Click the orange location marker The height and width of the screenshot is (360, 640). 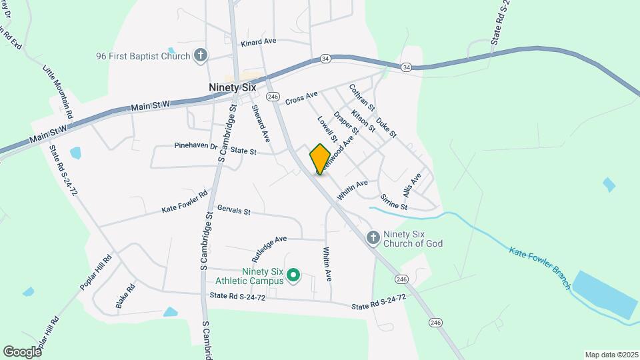pos(320,159)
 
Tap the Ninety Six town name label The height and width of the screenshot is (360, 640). pos(232,87)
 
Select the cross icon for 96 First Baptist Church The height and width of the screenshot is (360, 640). pos(200,55)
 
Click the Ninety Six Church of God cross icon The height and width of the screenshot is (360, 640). pos(374,237)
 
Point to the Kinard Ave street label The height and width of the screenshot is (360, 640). pos(259,41)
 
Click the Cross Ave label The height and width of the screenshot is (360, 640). pos(301,99)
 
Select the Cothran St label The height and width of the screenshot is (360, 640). pos(363,97)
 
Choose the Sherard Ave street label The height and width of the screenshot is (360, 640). pos(261,123)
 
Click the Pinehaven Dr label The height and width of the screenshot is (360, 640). pos(196,145)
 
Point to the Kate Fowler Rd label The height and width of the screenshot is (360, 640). pos(185,204)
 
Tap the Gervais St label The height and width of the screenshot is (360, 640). pos(233,211)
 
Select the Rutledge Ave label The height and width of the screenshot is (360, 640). pos(269,247)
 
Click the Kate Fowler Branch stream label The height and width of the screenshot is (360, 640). pos(540,268)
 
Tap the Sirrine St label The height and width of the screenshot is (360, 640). pos(393,201)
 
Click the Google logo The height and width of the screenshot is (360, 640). pos(22,351)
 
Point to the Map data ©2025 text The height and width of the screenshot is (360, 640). pos(611,355)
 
